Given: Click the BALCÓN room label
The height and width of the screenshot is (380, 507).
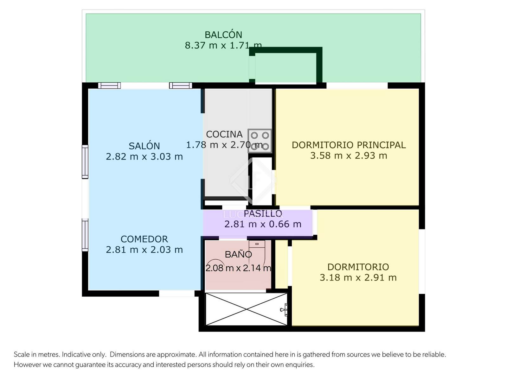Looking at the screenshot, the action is click(x=223, y=35).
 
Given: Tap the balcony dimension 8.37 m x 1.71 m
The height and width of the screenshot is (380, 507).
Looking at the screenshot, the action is click(x=223, y=45).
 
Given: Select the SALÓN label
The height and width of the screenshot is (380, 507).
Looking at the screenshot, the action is click(x=144, y=146).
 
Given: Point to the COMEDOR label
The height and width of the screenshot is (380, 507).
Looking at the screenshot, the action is click(x=144, y=239).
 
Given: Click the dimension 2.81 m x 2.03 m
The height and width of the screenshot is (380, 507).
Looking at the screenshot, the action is click(x=144, y=250).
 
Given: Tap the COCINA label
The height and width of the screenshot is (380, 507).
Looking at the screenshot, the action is click(x=224, y=134).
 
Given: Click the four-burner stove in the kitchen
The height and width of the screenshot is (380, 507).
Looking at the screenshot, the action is click(x=260, y=141).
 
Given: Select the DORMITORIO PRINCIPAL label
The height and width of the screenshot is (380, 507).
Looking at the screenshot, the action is click(x=349, y=145).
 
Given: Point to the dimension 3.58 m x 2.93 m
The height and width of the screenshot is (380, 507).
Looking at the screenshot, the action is click(x=349, y=155).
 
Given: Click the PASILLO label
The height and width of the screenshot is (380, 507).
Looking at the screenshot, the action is click(x=263, y=214).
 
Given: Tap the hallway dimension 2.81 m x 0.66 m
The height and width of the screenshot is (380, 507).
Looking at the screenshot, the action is click(x=263, y=224).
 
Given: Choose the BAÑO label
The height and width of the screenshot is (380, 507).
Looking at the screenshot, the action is click(x=238, y=255).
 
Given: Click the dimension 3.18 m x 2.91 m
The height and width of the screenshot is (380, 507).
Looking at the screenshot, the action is click(x=358, y=278).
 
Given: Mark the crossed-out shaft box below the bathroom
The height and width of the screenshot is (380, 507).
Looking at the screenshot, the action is click(x=246, y=309).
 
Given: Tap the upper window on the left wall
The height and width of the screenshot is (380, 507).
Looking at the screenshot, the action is click(x=85, y=162).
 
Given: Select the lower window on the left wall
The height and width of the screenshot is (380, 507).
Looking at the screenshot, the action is click(x=85, y=235).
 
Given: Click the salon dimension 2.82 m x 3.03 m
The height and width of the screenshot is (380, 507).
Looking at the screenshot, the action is click(x=144, y=157).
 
